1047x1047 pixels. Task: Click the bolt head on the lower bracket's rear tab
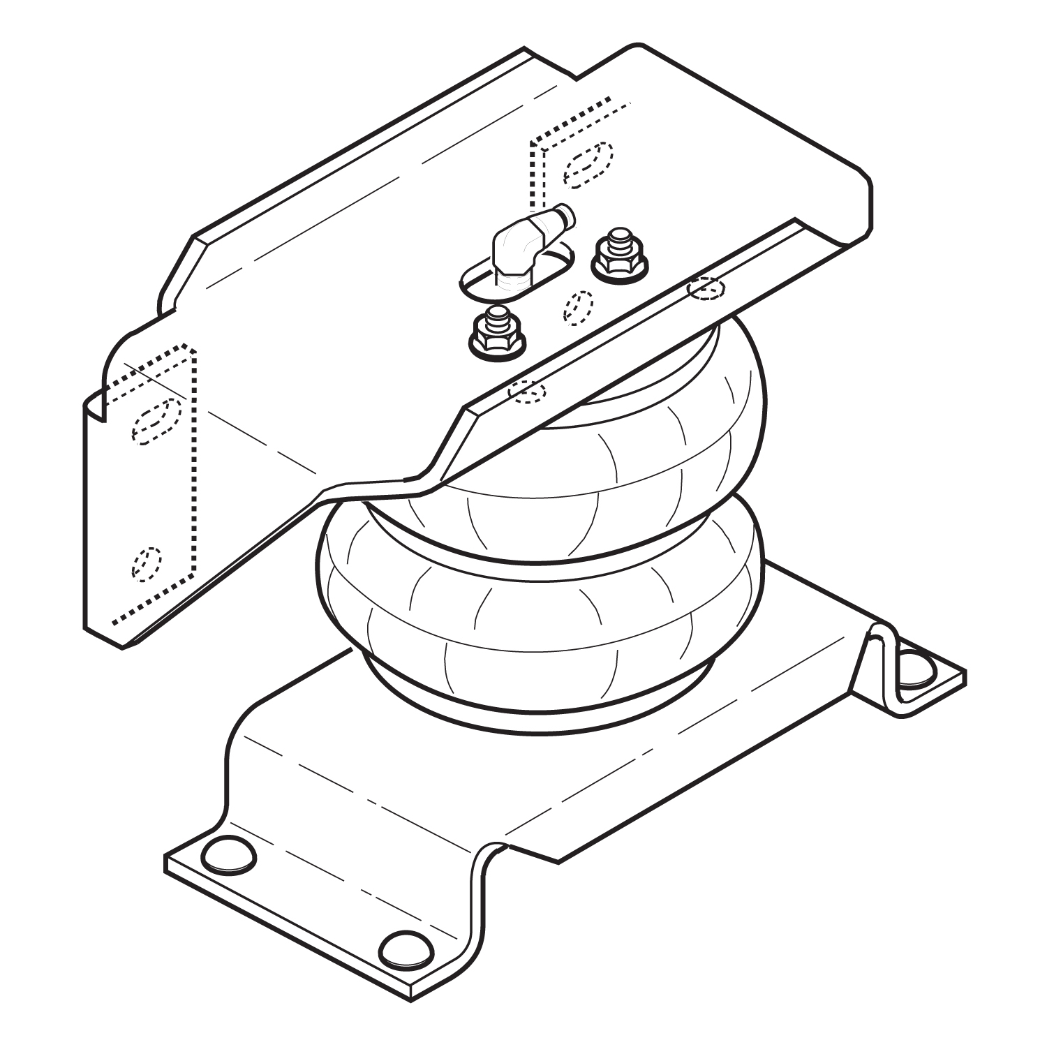[x=916, y=668]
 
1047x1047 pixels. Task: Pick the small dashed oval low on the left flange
[x=147, y=563]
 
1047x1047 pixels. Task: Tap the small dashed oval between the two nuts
[x=579, y=307]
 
